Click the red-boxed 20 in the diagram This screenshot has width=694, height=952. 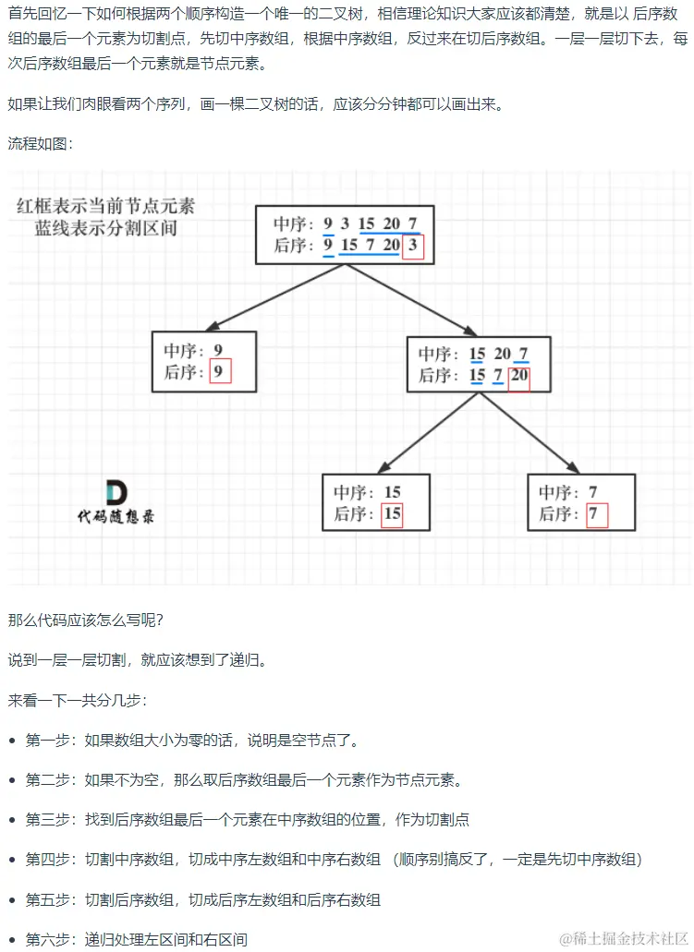[519, 376]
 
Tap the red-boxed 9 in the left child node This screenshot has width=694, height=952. [219, 372]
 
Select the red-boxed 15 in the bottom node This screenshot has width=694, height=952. [392, 513]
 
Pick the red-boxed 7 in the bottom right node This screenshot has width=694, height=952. [596, 514]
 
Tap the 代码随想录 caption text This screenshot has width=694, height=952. [116, 516]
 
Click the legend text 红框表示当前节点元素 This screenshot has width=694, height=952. [105, 206]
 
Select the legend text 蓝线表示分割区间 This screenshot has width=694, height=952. [105, 228]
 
